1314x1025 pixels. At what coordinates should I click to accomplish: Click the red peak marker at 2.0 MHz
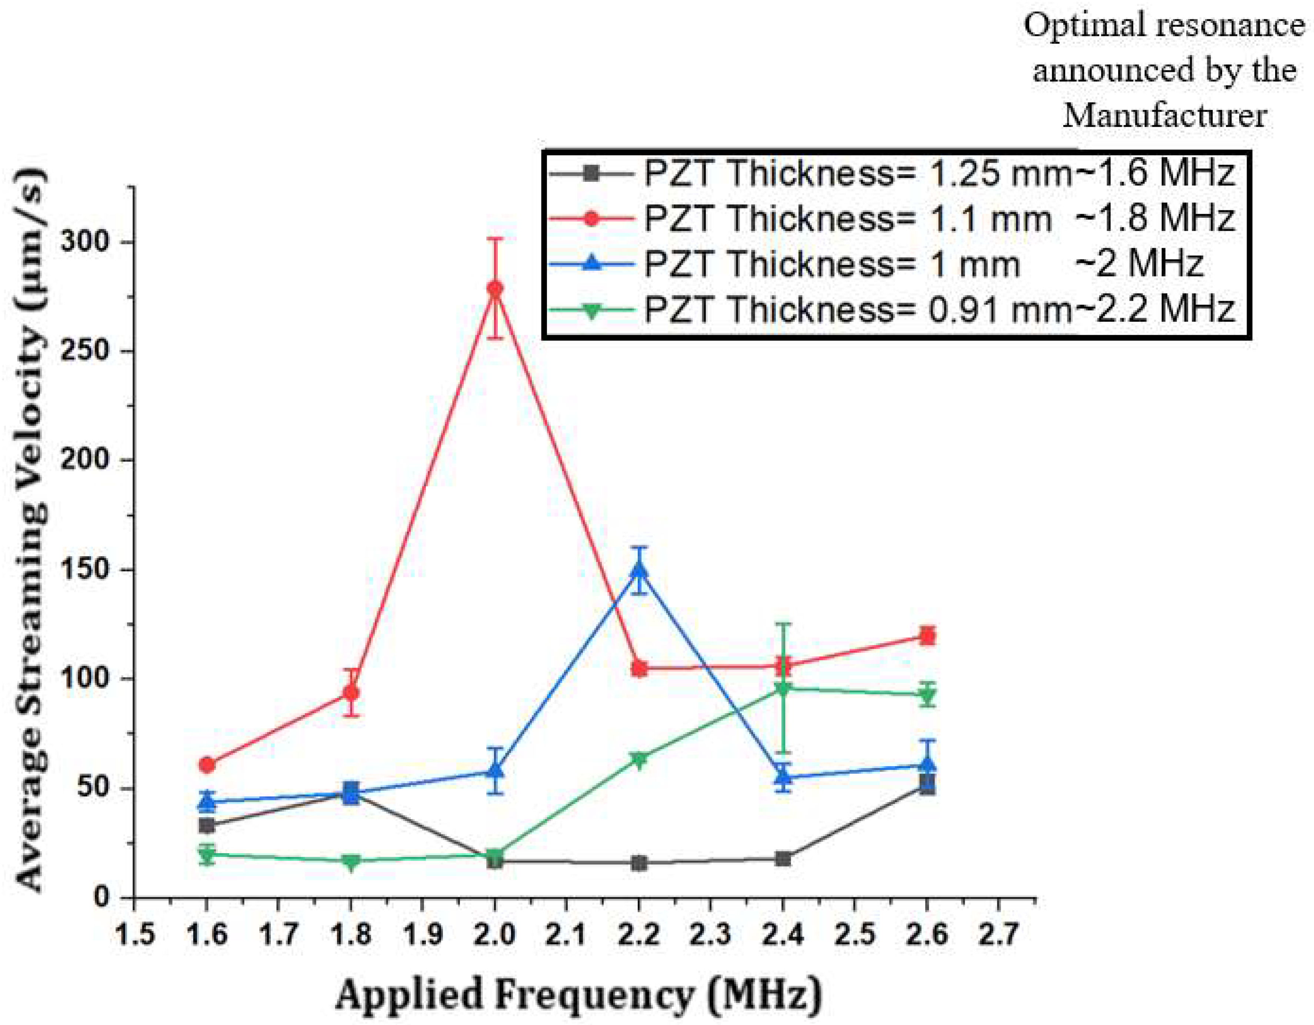pyautogui.click(x=494, y=288)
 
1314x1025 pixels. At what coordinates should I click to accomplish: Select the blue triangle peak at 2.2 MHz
pyautogui.click(x=639, y=570)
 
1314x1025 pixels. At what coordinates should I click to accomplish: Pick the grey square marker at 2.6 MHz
pyautogui.click(x=927, y=784)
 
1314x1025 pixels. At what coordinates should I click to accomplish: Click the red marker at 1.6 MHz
pyautogui.click(x=207, y=765)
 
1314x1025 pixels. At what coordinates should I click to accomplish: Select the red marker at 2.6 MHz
pyautogui.click(x=927, y=636)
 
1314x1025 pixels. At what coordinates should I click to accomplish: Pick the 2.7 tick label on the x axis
pyautogui.click(x=999, y=935)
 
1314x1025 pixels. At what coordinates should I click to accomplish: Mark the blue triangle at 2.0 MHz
pyautogui.click(x=494, y=771)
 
